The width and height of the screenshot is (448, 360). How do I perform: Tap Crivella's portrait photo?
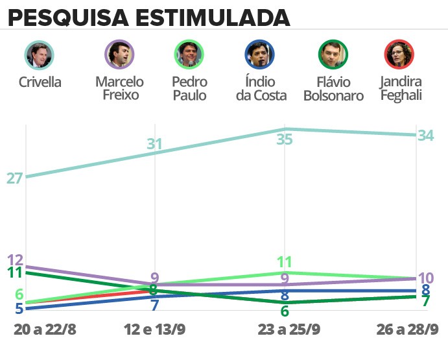click(x=39, y=54)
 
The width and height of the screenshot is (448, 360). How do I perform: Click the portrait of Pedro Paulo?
click(x=189, y=54)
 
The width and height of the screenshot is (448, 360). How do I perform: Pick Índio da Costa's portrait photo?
click(x=259, y=54)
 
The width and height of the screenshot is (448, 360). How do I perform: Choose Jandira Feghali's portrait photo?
click(x=399, y=54)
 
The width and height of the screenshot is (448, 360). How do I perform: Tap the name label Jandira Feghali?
click(x=402, y=89)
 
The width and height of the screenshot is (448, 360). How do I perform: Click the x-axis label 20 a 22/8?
click(x=45, y=330)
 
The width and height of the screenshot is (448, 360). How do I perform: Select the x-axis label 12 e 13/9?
click(x=154, y=330)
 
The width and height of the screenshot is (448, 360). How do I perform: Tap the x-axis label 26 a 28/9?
click(x=407, y=330)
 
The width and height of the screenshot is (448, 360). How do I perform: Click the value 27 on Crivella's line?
click(x=14, y=178)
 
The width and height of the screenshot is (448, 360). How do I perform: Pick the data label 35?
click(x=284, y=139)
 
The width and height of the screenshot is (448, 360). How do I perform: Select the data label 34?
click(x=425, y=135)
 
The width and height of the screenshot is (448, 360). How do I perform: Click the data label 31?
click(x=154, y=144)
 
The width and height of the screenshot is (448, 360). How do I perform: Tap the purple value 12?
click(x=14, y=259)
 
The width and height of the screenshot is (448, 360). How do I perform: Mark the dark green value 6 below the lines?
click(x=284, y=311)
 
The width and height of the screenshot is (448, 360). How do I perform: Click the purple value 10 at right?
click(x=425, y=278)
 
